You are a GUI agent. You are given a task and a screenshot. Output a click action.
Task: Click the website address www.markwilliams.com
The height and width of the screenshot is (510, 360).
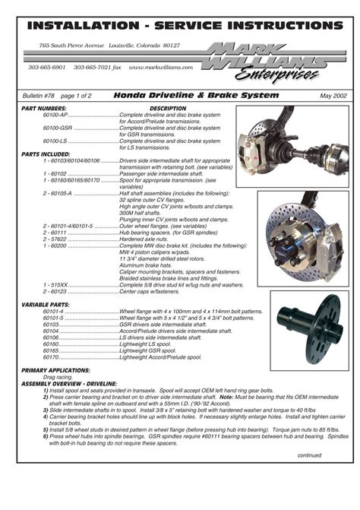click(161, 67)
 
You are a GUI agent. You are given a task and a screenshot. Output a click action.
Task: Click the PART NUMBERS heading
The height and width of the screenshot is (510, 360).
click(44, 109)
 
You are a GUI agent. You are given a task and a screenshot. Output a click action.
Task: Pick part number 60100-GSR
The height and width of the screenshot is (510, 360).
click(58, 128)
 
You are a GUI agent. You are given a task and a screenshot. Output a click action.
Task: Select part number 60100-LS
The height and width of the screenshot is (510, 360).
click(56, 141)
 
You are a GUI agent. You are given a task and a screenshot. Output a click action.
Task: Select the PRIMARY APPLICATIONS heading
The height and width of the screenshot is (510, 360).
click(55, 370)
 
